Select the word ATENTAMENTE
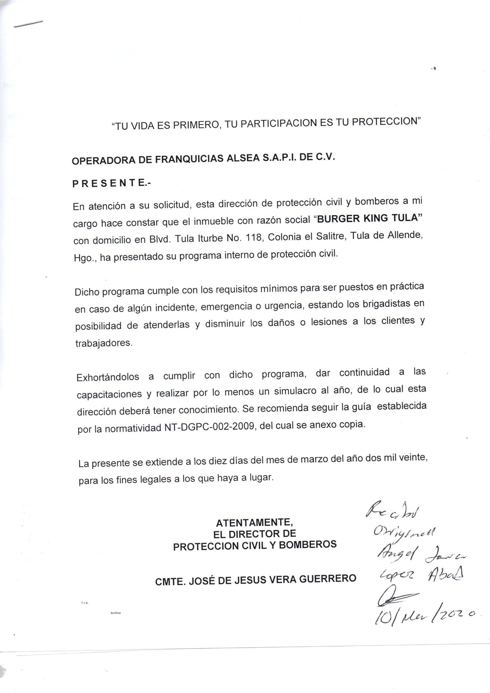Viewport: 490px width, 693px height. point(255,521)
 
